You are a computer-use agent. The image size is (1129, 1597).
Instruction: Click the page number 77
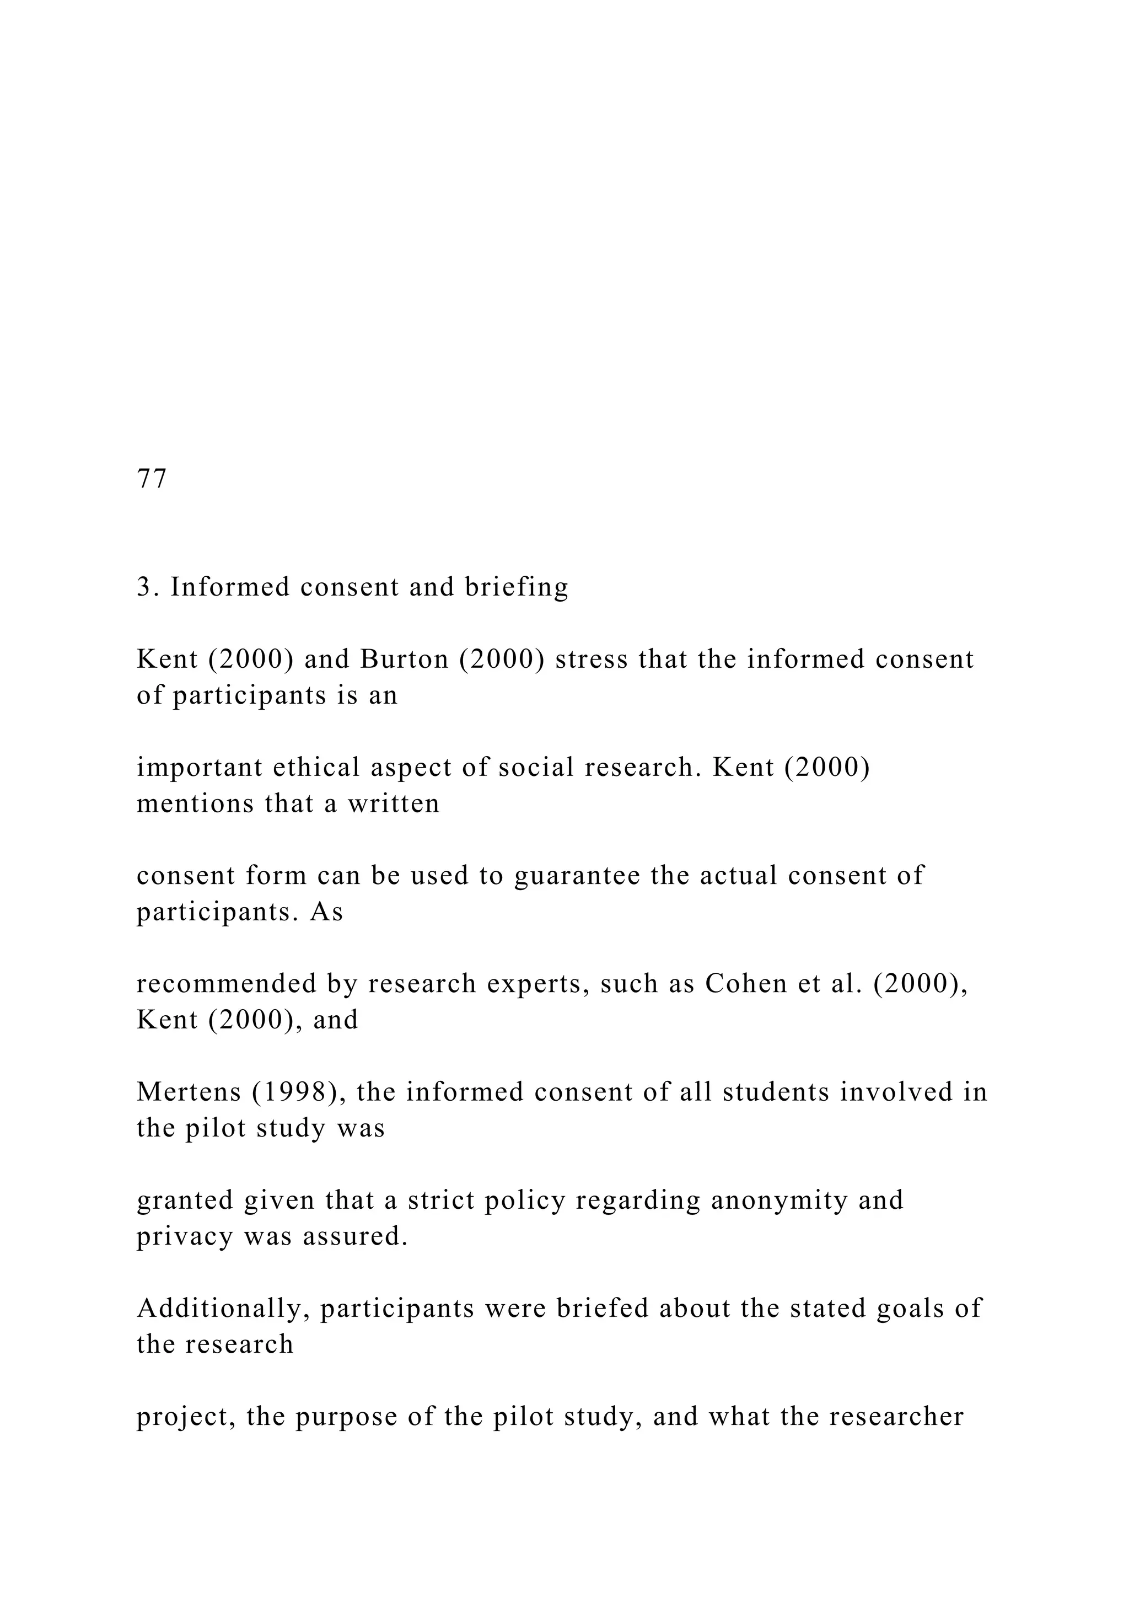coord(152,479)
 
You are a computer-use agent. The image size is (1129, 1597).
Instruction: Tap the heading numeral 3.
coord(144,587)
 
